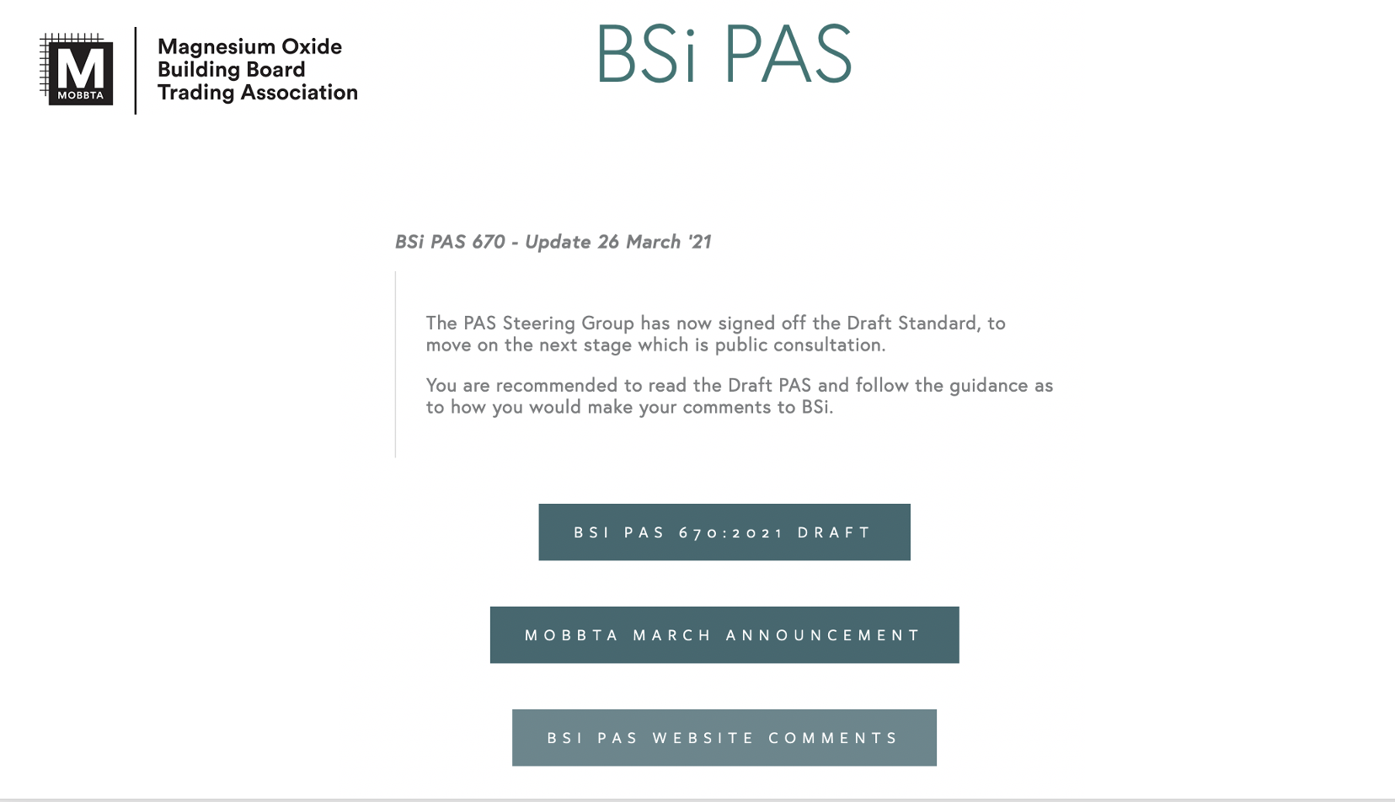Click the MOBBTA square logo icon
[x=77, y=69]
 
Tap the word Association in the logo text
[x=299, y=92]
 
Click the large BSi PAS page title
[x=724, y=53]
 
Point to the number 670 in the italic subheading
[x=489, y=242]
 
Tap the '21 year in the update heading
[x=699, y=242]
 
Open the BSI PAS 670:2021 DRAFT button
[x=724, y=532]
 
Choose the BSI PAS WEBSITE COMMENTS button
[x=724, y=738]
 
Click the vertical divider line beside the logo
[x=135, y=71]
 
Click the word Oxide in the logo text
[x=312, y=46]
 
